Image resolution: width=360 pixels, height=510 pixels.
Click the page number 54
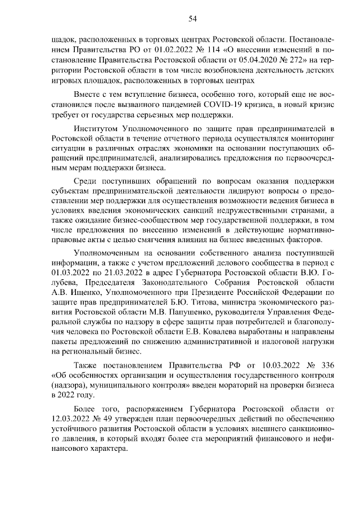[192, 19]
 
